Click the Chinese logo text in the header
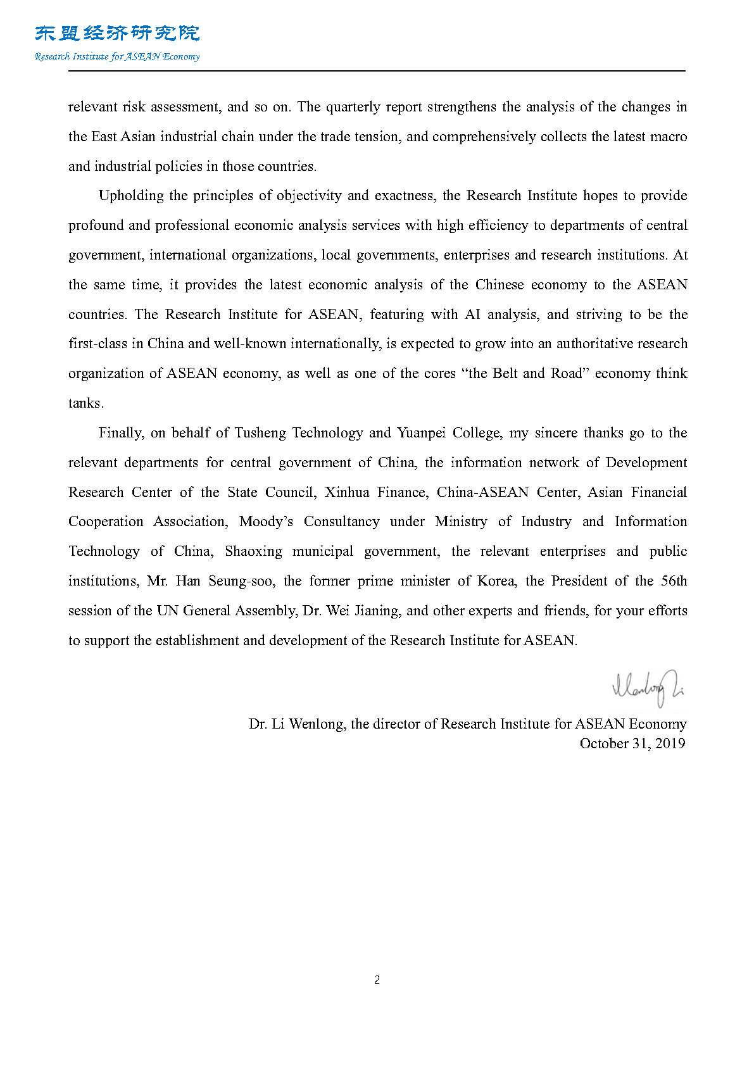coord(117,33)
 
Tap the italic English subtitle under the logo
coord(117,56)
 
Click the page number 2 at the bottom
coord(377,980)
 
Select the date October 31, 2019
coord(632,743)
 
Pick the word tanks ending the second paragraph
coord(85,403)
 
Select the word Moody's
coord(266,522)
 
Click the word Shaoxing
coord(253,551)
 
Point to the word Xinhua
coord(346,492)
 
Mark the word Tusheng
coord(260,433)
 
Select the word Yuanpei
coord(421,433)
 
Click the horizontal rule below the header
coord(377,71)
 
